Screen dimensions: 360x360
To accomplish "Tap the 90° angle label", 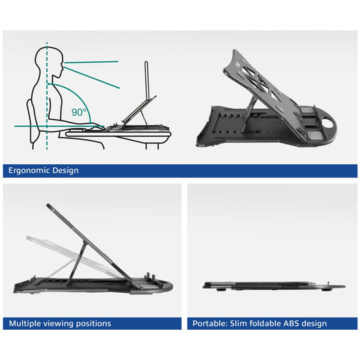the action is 79,112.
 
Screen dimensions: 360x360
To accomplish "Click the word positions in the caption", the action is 94,324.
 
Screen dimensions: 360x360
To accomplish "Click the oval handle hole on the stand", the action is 328,122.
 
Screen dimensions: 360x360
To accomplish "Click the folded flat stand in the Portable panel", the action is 274,286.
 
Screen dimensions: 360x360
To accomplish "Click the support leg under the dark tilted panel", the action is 77,264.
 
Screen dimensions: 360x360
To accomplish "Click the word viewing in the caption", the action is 59,324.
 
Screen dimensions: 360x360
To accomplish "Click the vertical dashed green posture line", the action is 47,96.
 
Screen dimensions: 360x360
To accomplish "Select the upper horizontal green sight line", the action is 91,62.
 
